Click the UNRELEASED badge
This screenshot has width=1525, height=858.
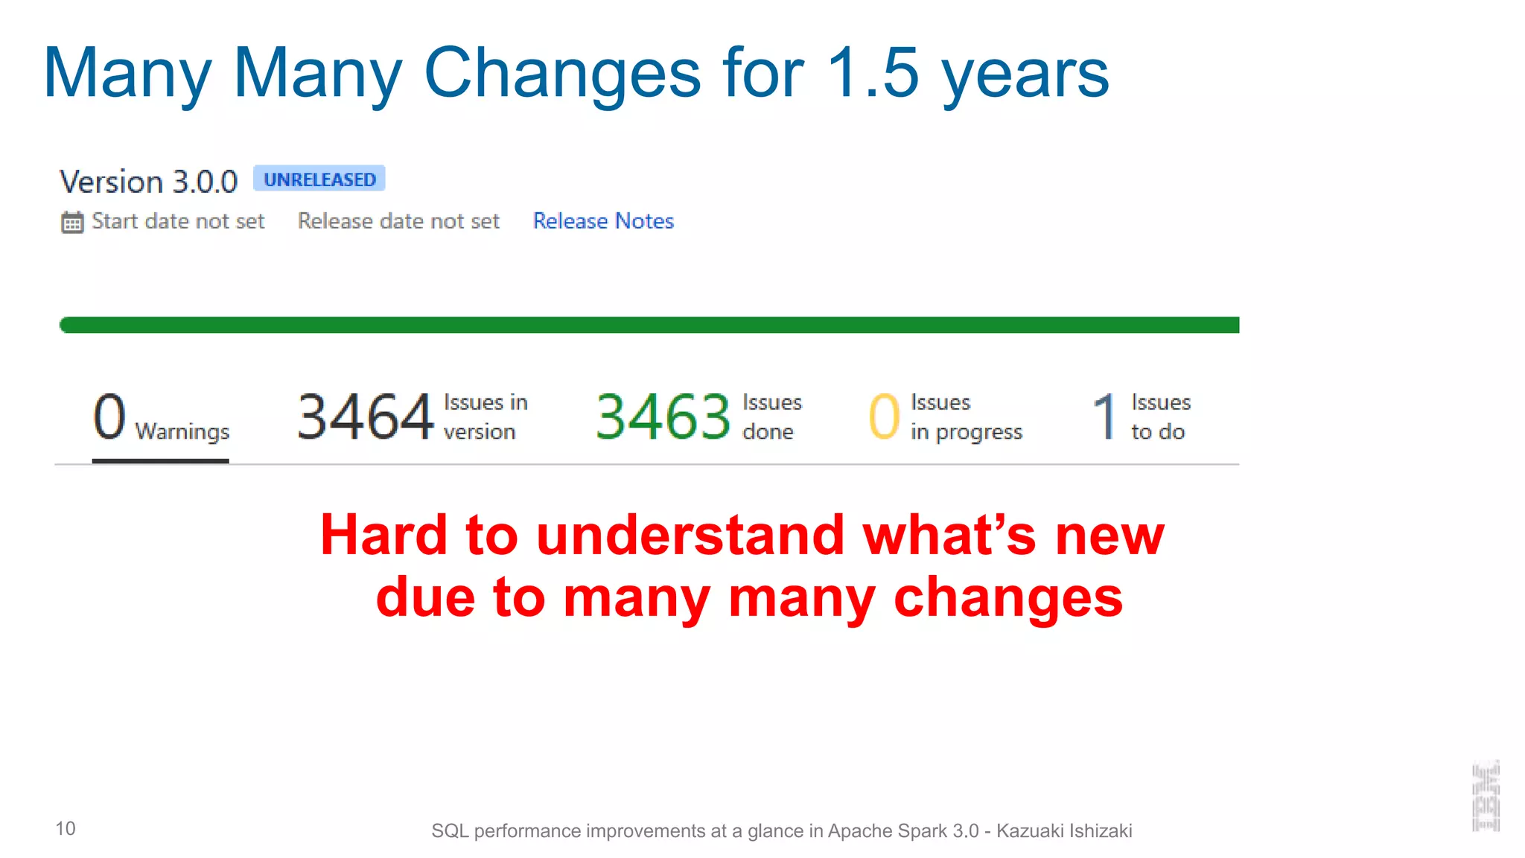tap(319, 179)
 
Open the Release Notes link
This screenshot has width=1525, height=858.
tap(603, 221)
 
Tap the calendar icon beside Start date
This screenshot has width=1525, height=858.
tap(72, 222)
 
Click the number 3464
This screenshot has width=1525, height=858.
tap(365, 417)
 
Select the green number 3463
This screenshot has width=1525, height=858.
tap(663, 417)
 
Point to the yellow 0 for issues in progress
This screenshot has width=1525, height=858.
tap(884, 417)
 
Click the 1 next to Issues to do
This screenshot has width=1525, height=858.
tap(1105, 417)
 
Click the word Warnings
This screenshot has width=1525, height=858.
tap(182, 432)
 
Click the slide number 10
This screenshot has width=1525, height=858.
tap(66, 829)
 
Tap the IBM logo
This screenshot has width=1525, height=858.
tap(1486, 796)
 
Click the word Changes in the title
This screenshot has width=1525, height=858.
tap(562, 73)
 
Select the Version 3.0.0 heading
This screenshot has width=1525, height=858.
tap(148, 182)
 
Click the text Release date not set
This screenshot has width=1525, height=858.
tap(398, 221)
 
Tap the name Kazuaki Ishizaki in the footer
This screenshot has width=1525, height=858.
tap(1064, 831)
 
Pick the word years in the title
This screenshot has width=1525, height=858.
tap(1025, 74)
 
